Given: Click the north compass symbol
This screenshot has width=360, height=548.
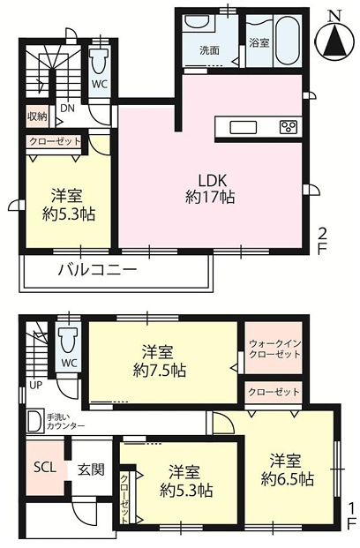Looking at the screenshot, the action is point(334,39).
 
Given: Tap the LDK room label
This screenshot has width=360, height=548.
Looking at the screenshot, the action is point(213,181).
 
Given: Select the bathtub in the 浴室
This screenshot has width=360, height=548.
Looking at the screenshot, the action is point(288,41).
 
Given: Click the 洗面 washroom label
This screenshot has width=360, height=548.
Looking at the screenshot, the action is point(209,50).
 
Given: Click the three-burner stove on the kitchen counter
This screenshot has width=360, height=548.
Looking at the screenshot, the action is point(289,127).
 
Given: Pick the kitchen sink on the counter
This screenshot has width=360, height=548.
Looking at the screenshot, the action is point(243,128).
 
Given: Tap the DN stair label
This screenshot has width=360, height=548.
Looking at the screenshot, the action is point(67,108).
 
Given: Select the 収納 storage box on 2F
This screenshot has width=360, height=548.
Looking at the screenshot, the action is point(37,116).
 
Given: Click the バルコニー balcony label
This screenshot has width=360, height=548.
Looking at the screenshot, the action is point(97,270).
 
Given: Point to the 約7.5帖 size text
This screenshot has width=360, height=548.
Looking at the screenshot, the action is point(160,370).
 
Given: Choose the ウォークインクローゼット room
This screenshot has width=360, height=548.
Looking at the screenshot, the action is point(274,348).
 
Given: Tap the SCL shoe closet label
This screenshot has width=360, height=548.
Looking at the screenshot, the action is point(45,468).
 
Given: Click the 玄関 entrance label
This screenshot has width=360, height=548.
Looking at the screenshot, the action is point(91,469).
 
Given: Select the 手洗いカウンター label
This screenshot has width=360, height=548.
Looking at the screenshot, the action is point(65,422).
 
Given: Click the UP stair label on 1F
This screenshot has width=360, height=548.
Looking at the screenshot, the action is point(35,386).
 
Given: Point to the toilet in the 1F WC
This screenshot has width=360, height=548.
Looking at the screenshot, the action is point(69,341).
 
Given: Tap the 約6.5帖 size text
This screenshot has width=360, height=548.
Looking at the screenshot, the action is point(287,479).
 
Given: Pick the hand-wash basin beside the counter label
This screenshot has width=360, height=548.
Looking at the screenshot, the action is point(35,422).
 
